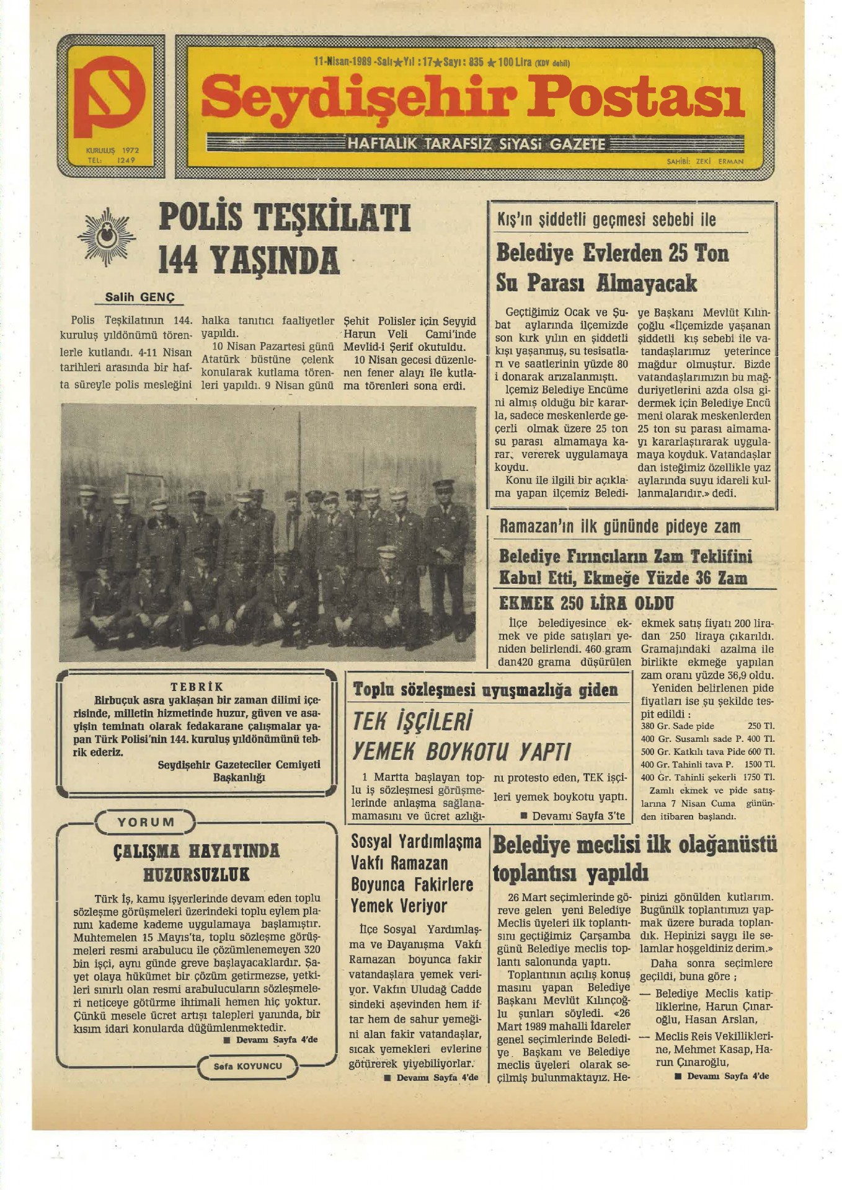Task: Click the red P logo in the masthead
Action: (109, 96)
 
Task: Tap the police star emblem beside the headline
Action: (107, 237)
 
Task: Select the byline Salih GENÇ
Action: (140, 297)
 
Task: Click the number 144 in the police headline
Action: (178, 260)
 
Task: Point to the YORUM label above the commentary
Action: (146, 822)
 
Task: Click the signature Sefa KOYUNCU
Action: (248, 1066)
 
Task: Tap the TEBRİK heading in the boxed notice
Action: (197, 687)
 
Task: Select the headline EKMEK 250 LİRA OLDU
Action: (586, 603)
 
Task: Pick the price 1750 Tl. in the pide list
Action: (760, 777)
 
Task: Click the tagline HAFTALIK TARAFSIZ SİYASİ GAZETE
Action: (476, 144)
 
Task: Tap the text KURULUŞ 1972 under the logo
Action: (112, 150)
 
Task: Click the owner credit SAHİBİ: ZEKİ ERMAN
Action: (705, 161)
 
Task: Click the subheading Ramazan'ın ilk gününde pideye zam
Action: (620, 527)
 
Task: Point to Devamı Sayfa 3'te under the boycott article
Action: (573, 816)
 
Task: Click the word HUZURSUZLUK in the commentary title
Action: (196, 875)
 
